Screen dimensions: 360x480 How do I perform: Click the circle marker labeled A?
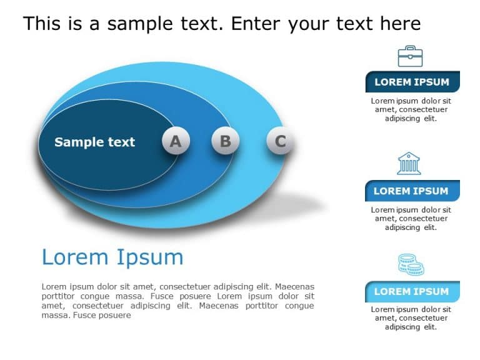[x=176, y=141]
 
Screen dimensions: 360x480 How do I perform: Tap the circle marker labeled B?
[x=225, y=141]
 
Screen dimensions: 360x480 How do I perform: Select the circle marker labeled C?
[x=280, y=141]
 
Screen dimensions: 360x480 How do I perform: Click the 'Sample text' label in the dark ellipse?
[x=94, y=142]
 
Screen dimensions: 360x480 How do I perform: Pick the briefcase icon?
[x=410, y=56]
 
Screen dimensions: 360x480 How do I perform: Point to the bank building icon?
[x=409, y=163]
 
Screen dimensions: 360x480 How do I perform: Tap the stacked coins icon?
[x=411, y=265]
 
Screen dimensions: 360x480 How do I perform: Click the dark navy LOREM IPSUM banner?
[x=412, y=82]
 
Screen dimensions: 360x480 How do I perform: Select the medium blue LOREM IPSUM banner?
[x=412, y=191]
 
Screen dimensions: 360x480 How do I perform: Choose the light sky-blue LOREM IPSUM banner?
[x=412, y=291]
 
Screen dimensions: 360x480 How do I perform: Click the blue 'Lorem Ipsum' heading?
[x=112, y=257]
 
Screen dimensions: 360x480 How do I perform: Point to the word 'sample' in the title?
[x=139, y=24]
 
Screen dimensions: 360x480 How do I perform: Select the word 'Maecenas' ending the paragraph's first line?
[x=294, y=286]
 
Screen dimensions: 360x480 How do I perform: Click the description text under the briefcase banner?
[x=411, y=109]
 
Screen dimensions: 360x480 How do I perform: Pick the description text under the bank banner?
[x=411, y=219]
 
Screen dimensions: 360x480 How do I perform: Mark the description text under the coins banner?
[x=411, y=318]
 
